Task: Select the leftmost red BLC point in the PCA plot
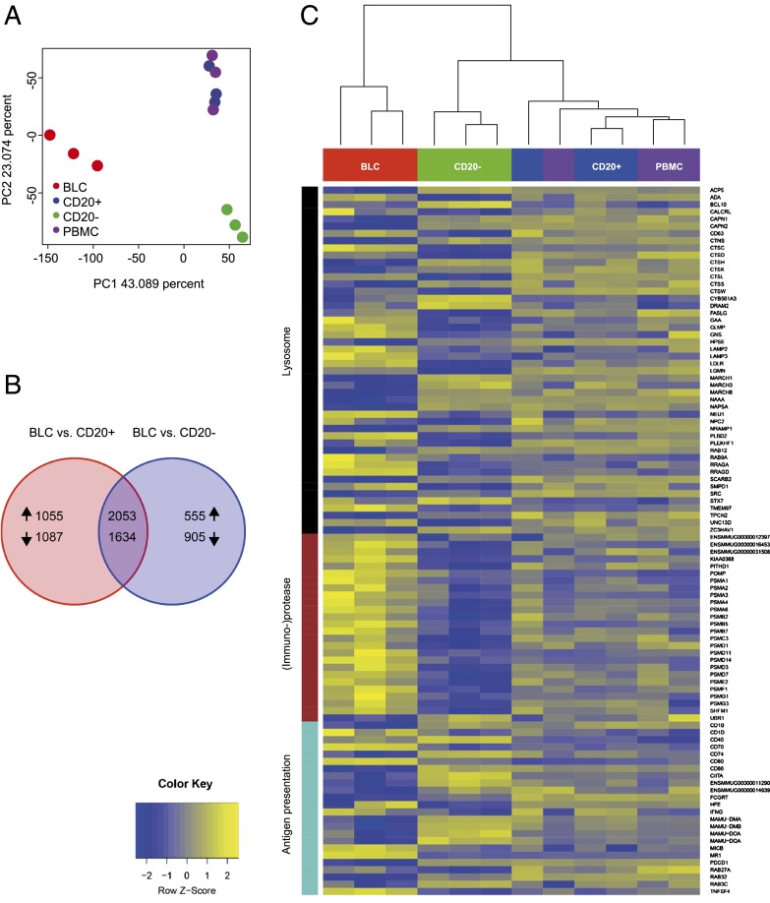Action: coord(49,135)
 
